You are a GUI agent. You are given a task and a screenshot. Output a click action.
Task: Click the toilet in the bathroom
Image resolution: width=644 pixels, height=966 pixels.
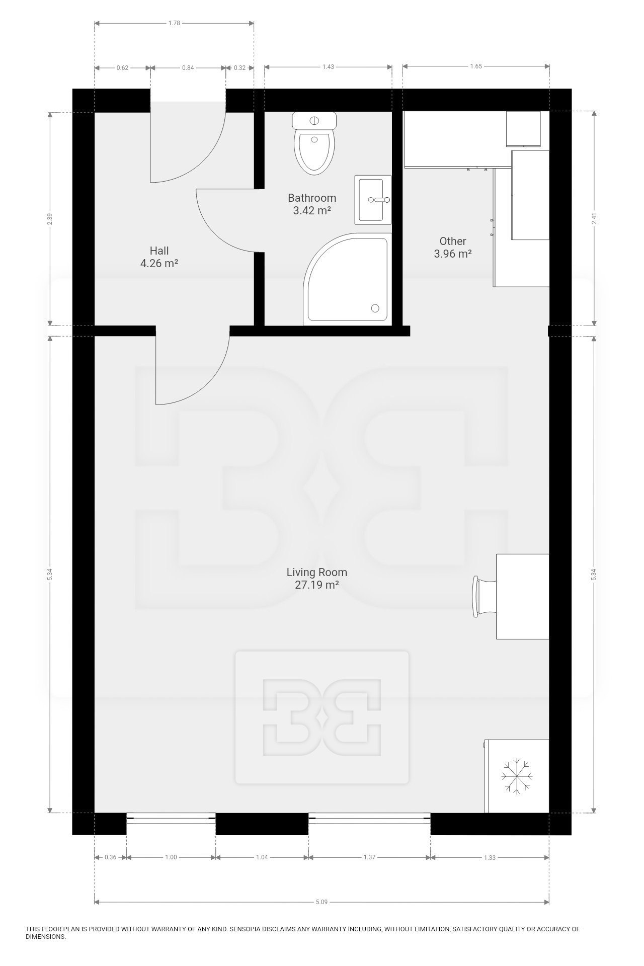tap(314, 146)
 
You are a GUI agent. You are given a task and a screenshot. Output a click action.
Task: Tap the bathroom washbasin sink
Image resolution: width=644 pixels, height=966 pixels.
tap(373, 200)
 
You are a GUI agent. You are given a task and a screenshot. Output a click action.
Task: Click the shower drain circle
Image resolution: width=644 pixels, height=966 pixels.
tap(375, 308)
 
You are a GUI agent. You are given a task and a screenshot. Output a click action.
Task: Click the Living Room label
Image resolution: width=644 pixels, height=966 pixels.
tap(316, 572)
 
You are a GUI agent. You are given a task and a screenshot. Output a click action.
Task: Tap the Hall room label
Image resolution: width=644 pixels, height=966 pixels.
tap(159, 251)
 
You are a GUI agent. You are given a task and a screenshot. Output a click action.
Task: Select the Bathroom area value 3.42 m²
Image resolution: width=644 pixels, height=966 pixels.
tap(311, 211)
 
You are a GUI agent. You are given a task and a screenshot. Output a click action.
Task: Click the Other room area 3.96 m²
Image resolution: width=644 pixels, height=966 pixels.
tap(452, 254)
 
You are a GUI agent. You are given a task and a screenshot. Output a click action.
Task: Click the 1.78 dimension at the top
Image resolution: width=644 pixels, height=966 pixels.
tap(174, 23)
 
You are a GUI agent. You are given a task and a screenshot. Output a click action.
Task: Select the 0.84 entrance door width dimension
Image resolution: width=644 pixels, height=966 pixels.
tap(188, 67)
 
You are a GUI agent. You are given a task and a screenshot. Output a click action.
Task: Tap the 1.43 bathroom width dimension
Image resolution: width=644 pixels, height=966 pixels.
tap(328, 66)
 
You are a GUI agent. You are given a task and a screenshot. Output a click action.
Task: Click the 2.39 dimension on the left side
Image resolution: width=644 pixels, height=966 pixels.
tap(49, 219)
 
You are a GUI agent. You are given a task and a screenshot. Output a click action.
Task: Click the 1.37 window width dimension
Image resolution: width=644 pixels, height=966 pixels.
tap(369, 857)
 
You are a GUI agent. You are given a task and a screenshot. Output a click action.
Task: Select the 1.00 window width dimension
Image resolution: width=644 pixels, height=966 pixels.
tap(171, 857)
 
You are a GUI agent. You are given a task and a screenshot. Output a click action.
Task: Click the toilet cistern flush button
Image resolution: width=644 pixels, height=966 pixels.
tap(314, 121)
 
